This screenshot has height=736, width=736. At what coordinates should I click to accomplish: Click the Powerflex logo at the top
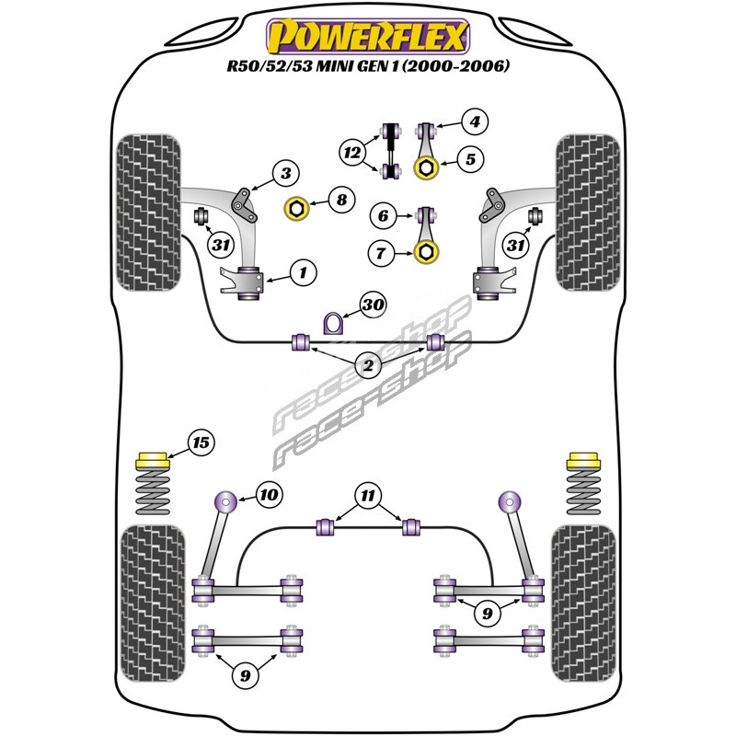coord(368,37)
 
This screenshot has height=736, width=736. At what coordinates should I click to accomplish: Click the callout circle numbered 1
coord(303,271)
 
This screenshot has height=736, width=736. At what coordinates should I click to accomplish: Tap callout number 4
coord(475,121)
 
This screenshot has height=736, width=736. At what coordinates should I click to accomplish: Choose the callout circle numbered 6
coord(384,216)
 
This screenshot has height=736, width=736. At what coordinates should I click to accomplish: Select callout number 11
coord(369,497)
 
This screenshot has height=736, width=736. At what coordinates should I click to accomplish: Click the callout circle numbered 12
coord(351,152)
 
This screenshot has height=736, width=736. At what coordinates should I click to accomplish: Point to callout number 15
coord(201,443)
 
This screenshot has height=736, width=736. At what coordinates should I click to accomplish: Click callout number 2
coord(369,367)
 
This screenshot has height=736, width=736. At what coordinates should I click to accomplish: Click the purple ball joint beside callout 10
coord(224,502)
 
